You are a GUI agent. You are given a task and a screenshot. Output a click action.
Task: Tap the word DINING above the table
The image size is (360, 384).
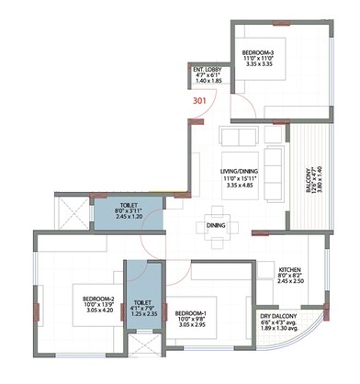pos(218,223)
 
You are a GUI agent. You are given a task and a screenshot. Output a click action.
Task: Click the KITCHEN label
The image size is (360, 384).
pos(295,270)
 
